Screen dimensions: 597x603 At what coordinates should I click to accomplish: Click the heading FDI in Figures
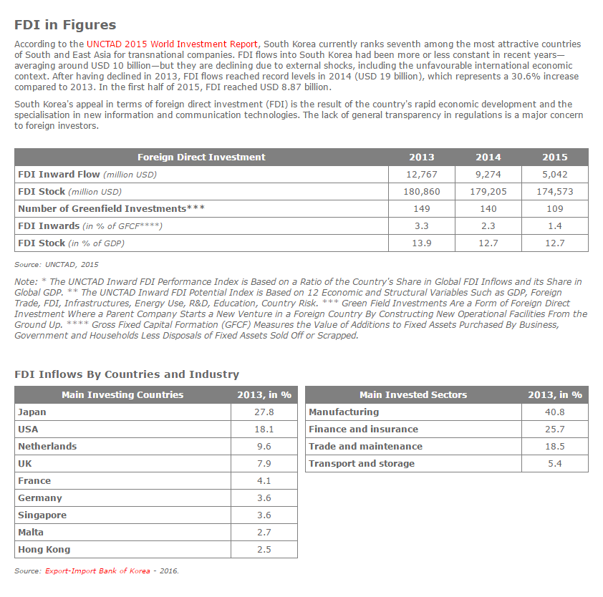coord(65,25)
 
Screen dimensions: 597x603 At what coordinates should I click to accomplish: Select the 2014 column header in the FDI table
coord(488,157)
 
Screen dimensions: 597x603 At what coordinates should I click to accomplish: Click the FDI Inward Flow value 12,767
coord(422,175)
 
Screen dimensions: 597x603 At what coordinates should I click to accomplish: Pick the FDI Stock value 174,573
coord(554,192)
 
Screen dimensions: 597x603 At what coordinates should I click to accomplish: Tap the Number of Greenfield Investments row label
coord(111,209)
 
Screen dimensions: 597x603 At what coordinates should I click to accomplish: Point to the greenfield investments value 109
coord(554,209)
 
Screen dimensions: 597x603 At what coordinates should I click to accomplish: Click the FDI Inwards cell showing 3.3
coord(422,226)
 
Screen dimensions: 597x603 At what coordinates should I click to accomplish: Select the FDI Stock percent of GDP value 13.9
coord(422,243)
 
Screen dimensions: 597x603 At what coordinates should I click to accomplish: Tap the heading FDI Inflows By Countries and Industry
coord(127,374)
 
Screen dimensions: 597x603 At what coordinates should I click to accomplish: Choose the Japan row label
coord(32,412)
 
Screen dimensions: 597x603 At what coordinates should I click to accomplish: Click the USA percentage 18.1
coord(264,429)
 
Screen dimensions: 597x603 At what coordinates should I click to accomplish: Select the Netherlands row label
coord(47,447)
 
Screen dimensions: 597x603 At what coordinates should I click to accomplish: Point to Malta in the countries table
coord(31,533)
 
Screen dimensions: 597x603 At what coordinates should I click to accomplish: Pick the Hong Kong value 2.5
coord(264,550)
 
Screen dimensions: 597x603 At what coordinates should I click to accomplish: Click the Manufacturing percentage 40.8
coord(554,412)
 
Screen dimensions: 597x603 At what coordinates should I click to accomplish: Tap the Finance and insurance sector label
coord(363,429)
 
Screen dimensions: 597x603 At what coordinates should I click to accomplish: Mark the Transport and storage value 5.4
coord(554,464)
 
